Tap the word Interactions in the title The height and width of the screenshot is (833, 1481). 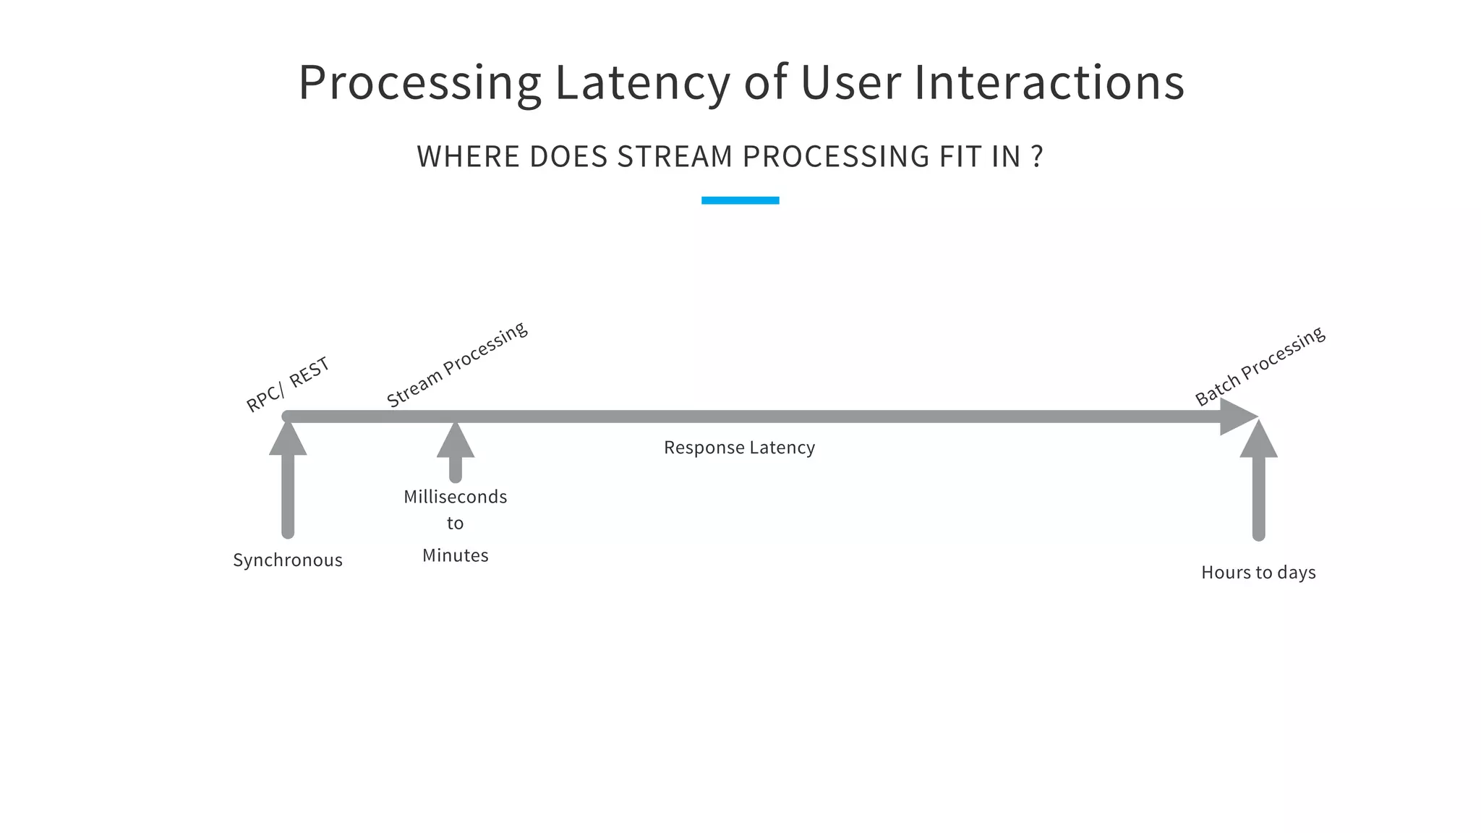[x=1049, y=82]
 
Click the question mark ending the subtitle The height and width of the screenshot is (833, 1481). [x=1037, y=157]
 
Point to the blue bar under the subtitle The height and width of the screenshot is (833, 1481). [x=740, y=200]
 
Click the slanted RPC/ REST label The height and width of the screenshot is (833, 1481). [x=288, y=384]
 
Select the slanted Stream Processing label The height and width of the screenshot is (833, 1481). [x=456, y=364]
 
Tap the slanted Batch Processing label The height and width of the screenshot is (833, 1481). [x=1259, y=366]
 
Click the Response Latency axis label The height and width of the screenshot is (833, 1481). [x=739, y=448]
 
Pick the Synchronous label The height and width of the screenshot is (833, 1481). [x=288, y=560]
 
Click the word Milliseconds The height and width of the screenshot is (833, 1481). [x=455, y=497]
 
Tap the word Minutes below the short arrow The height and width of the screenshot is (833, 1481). [x=455, y=555]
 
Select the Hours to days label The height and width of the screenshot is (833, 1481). [x=1258, y=573]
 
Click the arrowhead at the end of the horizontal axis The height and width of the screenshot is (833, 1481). [x=1237, y=416]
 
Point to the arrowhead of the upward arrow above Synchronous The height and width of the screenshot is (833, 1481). [x=288, y=440]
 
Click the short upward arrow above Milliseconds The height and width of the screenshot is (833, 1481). [x=456, y=452]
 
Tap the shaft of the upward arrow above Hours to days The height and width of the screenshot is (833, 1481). [x=1258, y=499]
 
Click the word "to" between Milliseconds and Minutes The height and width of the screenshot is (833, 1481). [x=455, y=524]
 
